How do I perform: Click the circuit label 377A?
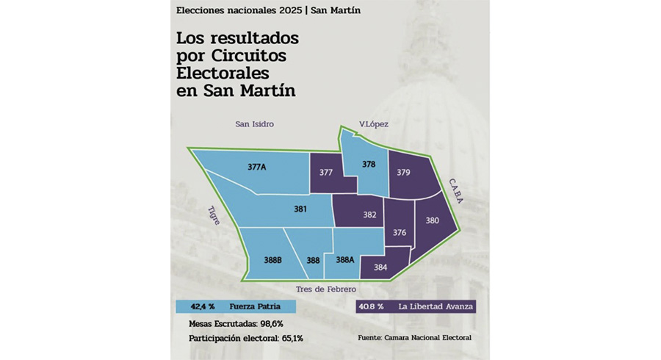tap(256, 168)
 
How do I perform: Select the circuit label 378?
tap(369, 165)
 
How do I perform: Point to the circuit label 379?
tap(403, 173)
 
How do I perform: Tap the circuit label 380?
tap(432, 220)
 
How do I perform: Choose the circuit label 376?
tap(400, 233)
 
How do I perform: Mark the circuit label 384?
tap(380, 267)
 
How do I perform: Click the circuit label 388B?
tap(273, 259)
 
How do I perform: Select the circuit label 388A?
tap(345, 259)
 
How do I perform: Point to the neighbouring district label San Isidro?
tap(254, 124)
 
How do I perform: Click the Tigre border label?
tap(214, 215)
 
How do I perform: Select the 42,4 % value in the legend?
tap(203, 306)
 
